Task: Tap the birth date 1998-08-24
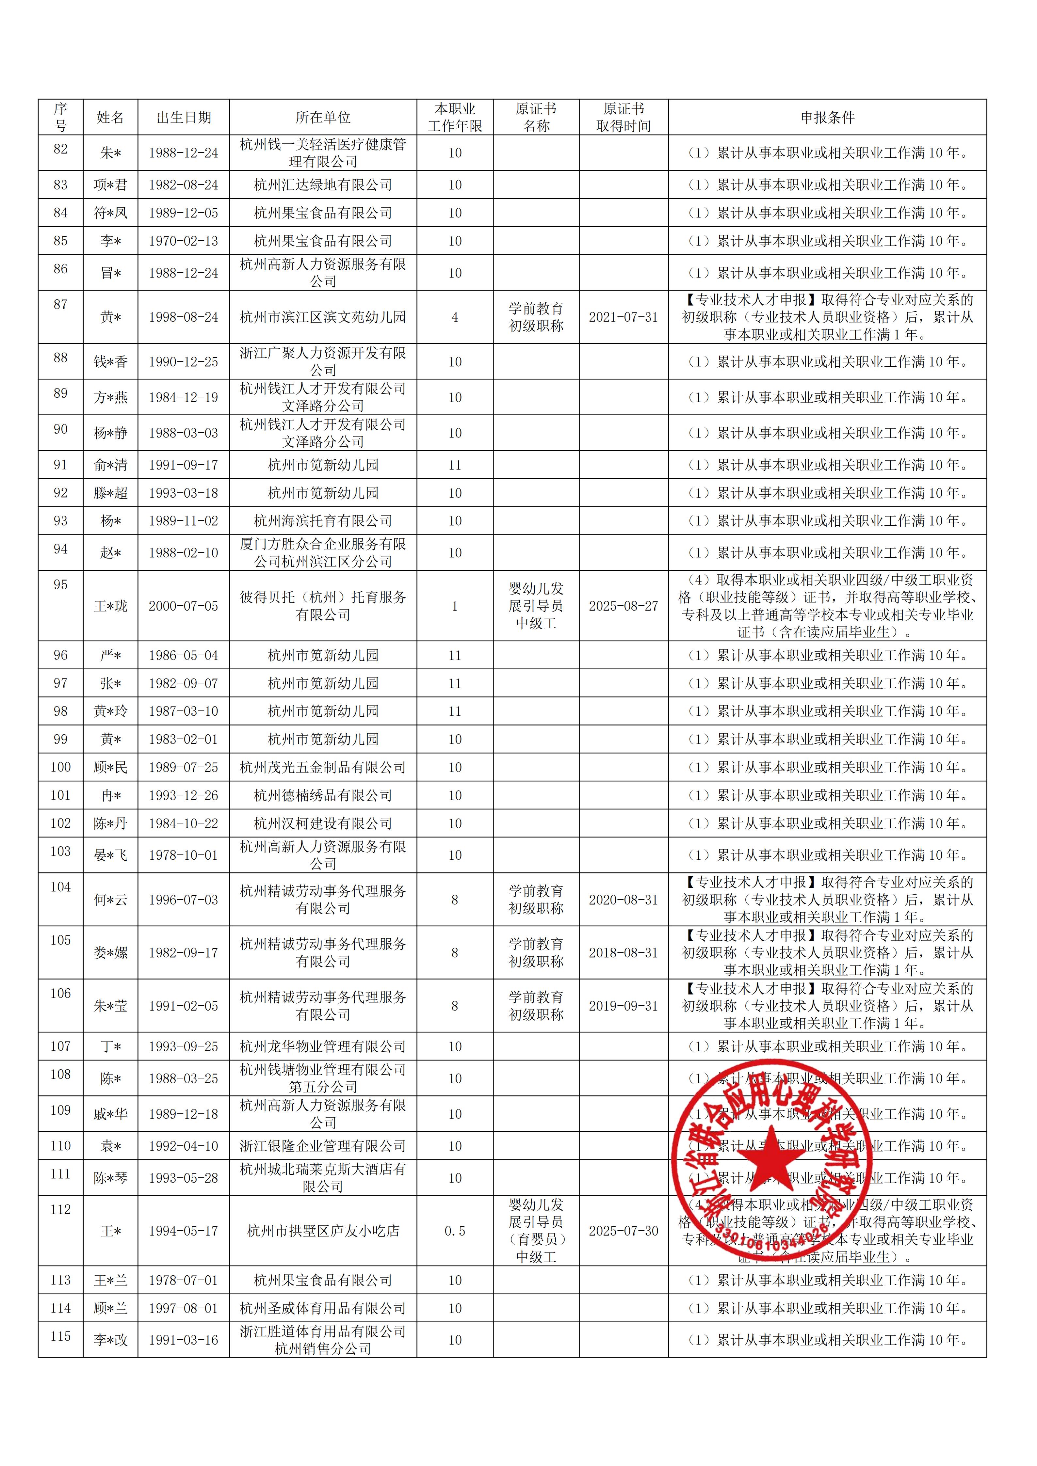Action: [183, 317]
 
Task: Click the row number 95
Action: [61, 585]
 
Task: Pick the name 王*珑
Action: [110, 606]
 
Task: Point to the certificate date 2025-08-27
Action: [623, 606]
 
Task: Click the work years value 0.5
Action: [455, 1231]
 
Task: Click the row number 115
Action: [61, 1336]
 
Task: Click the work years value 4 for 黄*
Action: [455, 317]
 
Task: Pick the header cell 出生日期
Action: [183, 118]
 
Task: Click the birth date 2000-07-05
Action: [183, 606]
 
